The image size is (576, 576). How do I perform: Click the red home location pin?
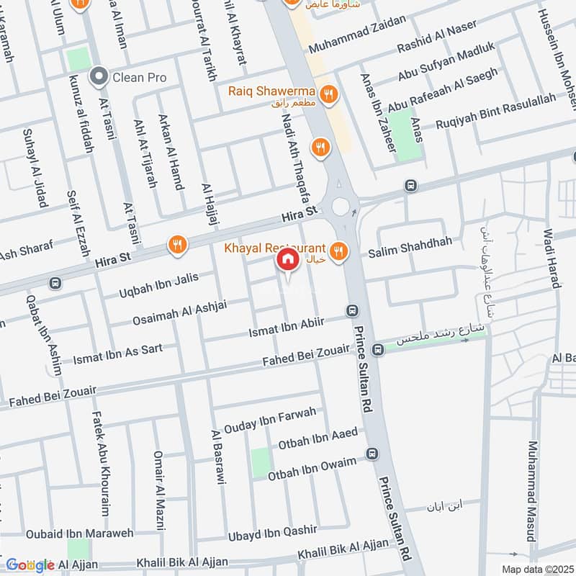(x=287, y=260)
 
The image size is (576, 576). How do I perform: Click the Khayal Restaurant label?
(x=275, y=248)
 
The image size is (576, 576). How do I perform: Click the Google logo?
(x=30, y=564)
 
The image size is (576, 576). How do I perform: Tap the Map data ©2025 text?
(x=536, y=570)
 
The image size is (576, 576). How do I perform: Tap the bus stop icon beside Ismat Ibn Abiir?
(x=352, y=311)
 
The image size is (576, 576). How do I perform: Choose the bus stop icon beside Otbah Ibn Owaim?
(x=371, y=454)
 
